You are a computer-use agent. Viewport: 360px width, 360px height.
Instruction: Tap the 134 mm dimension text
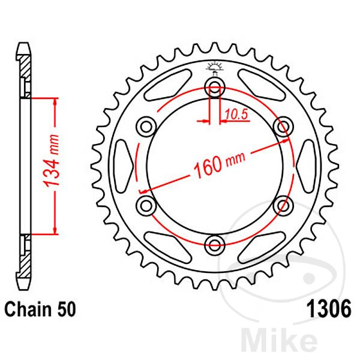tap(52, 160)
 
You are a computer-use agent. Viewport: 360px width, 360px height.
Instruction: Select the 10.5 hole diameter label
tap(236, 114)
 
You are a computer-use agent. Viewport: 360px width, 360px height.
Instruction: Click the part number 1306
tap(329, 309)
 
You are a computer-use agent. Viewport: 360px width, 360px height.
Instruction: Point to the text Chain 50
tap(40, 309)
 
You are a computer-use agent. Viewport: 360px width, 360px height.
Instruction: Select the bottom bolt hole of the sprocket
tap(215, 245)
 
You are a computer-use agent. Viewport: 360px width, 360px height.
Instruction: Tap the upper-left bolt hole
tap(146, 127)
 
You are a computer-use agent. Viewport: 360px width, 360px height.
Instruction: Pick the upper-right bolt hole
tap(283, 127)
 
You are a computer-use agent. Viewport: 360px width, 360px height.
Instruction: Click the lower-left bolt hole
tap(146, 205)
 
